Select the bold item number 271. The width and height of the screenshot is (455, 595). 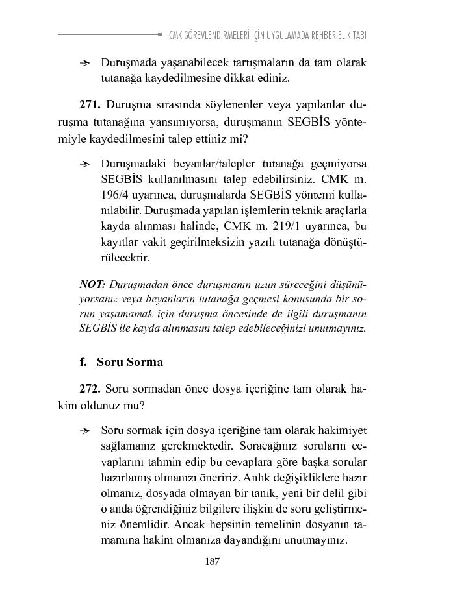[89, 104]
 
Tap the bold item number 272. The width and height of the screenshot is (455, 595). [89, 389]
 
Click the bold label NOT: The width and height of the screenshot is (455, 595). [93, 285]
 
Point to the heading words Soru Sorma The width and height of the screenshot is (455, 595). [130, 362]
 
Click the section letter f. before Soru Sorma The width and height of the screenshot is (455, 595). [84, 362]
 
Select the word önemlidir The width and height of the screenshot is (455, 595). [147, 525]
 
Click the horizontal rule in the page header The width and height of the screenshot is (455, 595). [110, 34]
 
